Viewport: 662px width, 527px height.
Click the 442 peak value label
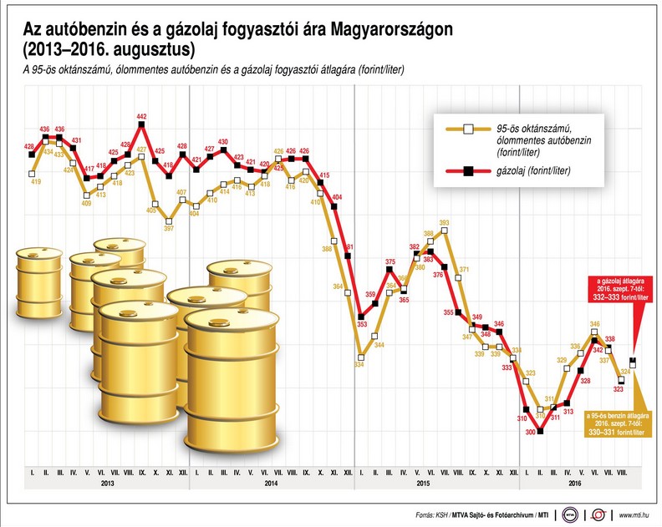(141, 116)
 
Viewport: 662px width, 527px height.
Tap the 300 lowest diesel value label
(530, 432)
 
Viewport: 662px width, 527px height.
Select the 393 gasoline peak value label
(445, 223)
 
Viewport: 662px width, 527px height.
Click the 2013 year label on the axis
(108, 484)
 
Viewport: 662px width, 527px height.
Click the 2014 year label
(272, 484)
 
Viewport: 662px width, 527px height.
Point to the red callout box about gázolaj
(616, 286)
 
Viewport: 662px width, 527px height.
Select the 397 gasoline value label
(169, 228)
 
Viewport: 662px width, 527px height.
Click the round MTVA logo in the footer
(571, 514)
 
